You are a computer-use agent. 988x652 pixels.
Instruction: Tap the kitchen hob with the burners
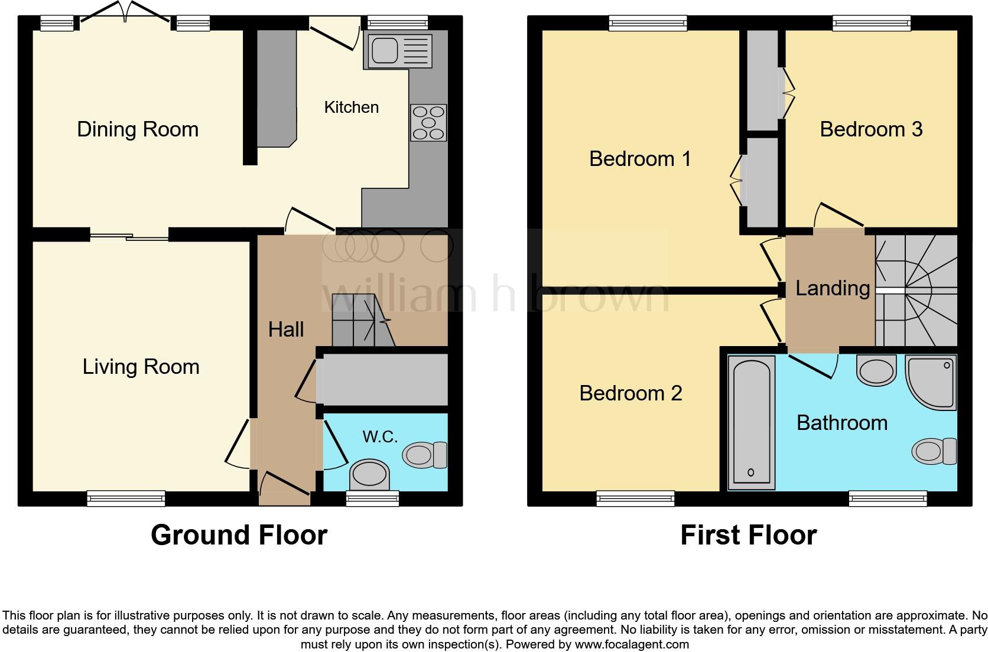(x=428, y=123)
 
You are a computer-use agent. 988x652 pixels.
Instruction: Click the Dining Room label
(x=138, y=129)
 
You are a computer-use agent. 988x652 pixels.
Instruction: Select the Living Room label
(x=141, y=367)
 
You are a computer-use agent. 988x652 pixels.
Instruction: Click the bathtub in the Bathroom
(x=751, y=422)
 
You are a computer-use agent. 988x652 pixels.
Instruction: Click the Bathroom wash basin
(x=876, y=370)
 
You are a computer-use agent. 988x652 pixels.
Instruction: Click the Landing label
(x=832, y=288)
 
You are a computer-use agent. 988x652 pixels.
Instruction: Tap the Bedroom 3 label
(x=871, y=129)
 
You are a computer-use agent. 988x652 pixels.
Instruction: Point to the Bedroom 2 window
(x=635, y=499)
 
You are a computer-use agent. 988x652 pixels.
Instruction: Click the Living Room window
(x=126, y=499)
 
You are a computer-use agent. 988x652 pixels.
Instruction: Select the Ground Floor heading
(x=239, y=535)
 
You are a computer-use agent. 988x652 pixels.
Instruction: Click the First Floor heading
(x=748, y=535)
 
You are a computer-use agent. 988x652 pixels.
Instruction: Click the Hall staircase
(x=362, y=322)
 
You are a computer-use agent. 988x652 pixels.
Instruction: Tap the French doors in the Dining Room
(x=125, y=14)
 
